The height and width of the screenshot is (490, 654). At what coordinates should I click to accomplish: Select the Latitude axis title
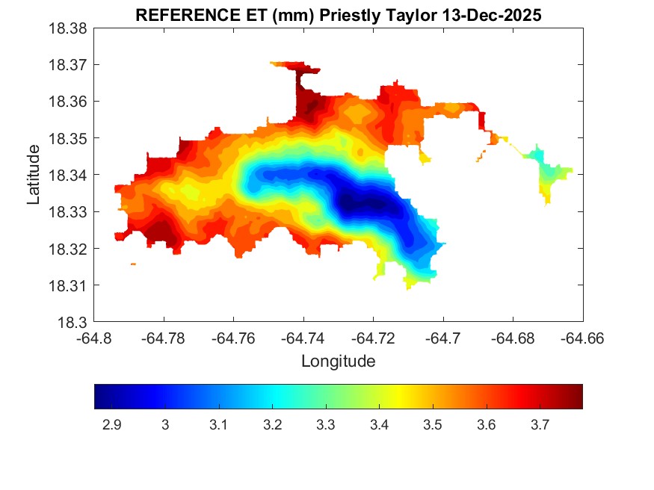(x=33, y=175)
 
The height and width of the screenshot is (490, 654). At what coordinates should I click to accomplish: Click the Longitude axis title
(x=338, y=362)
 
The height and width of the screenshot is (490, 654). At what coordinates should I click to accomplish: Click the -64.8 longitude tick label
(x=95, y=338)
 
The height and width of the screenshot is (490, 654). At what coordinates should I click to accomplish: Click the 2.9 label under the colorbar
(x=111, y=425)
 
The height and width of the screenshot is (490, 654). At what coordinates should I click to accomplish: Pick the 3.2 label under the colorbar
(x=272, y=425)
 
